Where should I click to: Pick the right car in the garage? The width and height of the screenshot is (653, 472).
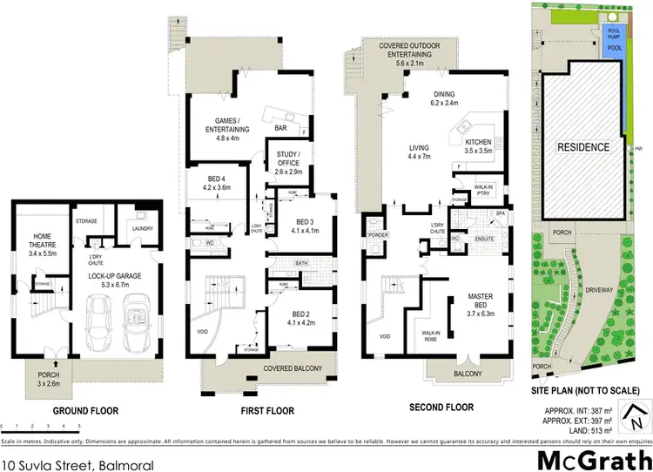pos(136,324)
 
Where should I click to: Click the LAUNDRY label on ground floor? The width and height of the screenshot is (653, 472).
pos(142,229)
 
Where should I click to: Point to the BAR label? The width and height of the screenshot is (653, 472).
pos(281,129)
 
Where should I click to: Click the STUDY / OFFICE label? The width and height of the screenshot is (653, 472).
pos(288,163)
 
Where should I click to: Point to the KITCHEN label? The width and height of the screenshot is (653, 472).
pos(478,145)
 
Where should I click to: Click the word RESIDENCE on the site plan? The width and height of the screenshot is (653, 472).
pos(583,147)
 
